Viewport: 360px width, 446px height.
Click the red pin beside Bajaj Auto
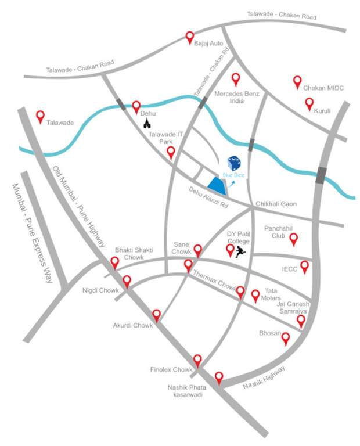pyautogui.click(x=189, y=37)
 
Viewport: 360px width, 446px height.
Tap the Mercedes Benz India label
pyautogui.click(x=236, y=96)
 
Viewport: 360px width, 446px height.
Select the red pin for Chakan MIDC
pyautogui.click(x=297, y=82)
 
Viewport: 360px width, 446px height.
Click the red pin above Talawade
pyautogui.click(x=40, y=116)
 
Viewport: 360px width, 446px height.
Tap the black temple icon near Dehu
pyautogui.click(x=147, y=124)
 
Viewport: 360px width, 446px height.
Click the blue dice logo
pyautogui.click(x=234, y=163)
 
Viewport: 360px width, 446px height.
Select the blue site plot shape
pyautogui.click(x=217, y=185)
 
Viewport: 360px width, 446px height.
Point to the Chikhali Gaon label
pyautogui.click(x=276, y=204)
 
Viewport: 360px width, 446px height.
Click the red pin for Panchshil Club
pyautogui.click(x=294, y=238)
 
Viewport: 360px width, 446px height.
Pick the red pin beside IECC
pyautogui.click(x=304, y=267)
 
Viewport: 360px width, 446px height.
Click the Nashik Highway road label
pyautogui.click(x=264, y=377)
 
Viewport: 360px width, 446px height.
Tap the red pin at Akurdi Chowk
pyautogui.click(x=156, y=315)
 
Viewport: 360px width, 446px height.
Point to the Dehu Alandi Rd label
pyautogui.click(x=207, y=196)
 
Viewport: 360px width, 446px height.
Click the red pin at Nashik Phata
pyautogui.click(x=219, y=377)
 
